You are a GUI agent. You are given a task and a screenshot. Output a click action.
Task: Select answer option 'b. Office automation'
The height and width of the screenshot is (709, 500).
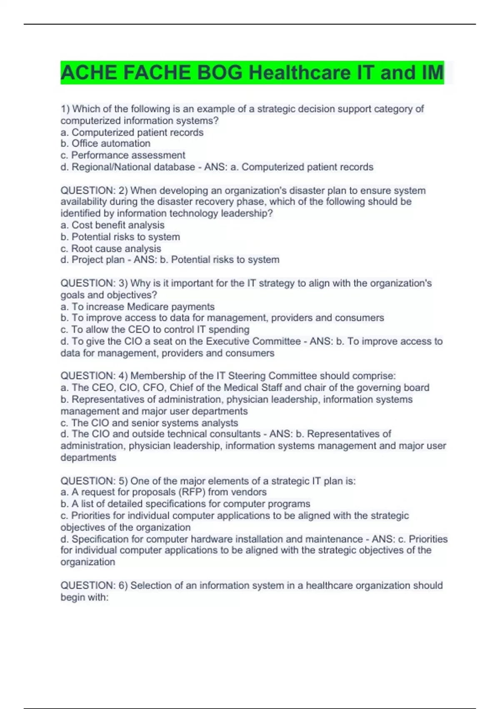105,143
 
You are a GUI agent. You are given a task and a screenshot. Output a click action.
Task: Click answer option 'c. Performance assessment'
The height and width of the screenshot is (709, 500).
123,155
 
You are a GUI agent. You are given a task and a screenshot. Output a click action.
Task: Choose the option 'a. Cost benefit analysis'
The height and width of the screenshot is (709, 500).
112,225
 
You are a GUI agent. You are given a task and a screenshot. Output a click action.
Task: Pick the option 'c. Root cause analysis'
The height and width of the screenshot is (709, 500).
111,249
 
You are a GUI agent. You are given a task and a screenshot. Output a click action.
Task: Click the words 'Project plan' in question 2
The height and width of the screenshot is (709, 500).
98,260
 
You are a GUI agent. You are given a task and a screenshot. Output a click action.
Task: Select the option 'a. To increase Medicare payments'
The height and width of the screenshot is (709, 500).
137,307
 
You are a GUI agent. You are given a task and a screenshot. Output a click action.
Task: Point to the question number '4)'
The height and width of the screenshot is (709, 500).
123,376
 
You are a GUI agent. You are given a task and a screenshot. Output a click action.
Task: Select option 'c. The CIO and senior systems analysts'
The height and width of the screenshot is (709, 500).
149,422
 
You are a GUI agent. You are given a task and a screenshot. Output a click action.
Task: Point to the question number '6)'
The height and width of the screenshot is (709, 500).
123,585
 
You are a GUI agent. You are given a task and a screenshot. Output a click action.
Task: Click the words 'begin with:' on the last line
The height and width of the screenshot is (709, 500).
85,597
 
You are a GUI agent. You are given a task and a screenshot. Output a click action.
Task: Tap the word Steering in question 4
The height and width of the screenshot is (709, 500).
246,376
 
